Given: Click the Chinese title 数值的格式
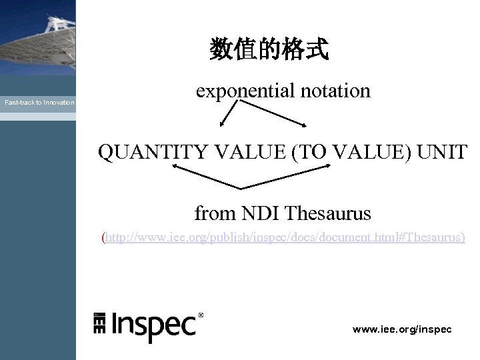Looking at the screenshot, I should pyautogui.click(x=269, y=49).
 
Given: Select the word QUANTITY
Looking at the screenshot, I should pyautogui.click(x=153, y=152).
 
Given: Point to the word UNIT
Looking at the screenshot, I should pyautogui.click(x=443, y=152).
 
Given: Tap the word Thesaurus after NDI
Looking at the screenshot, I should pyautogui.click(x=328, y=213).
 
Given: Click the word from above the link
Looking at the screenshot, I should pyautogui.click(x=215, y=214).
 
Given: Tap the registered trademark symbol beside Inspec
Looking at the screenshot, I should pyautogui.click(x=201, y=315).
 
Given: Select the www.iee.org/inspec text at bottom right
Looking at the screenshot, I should pyautogui.click(x=402, y=329).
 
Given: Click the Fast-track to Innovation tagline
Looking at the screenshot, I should pyautogui.click(x=39, y=103).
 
